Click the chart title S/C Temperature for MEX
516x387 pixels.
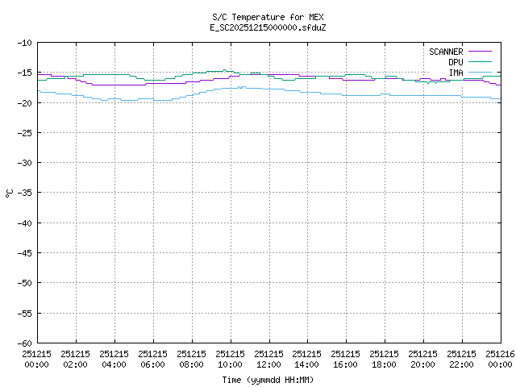point(268,17)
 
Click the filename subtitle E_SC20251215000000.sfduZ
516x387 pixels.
point(268,27)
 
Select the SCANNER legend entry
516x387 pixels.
point(446,52)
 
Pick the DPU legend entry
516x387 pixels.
point(456,62)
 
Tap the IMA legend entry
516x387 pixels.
point(456,73)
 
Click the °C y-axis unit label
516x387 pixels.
point(9,193)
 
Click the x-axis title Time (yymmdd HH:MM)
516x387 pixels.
point(268,380)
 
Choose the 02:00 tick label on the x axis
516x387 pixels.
point(76,359)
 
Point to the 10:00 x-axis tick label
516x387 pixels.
point(231,359)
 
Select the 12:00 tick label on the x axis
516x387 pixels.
point(269,359)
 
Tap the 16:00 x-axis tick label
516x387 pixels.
point(347,359)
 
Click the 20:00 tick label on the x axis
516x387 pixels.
point(424,359)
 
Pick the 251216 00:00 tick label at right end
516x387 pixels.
point(500,359)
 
